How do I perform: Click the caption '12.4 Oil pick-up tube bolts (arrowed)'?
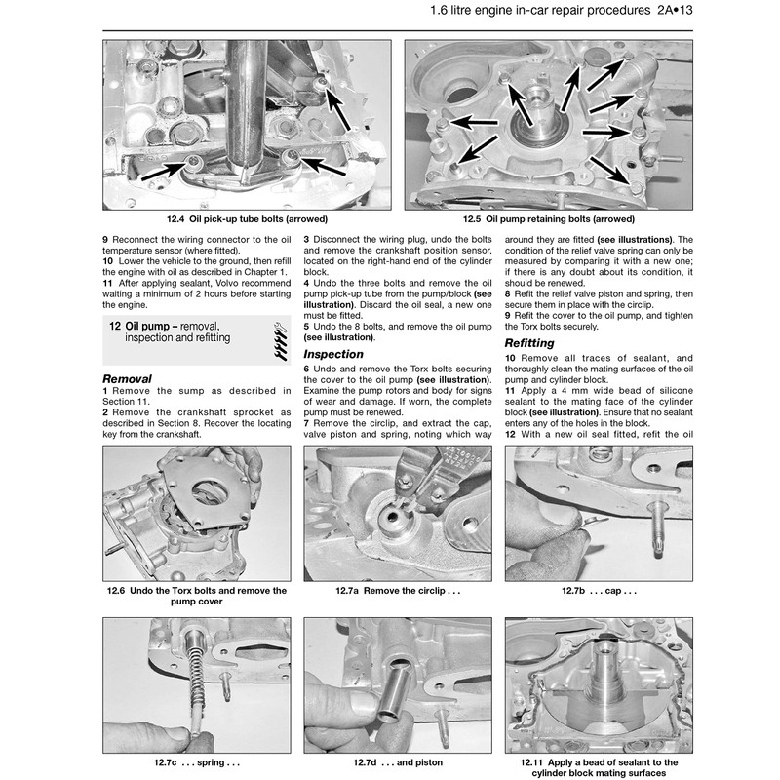click(x=246, y=221)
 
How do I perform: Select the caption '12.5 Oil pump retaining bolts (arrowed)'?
click(x=549, y=221)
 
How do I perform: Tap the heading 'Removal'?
click(x=127, y=377)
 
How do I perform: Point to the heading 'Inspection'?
click(x=333, y=354)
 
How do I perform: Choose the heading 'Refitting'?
click(x=529, y=344)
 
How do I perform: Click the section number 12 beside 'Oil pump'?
click(x=115, y=325)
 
